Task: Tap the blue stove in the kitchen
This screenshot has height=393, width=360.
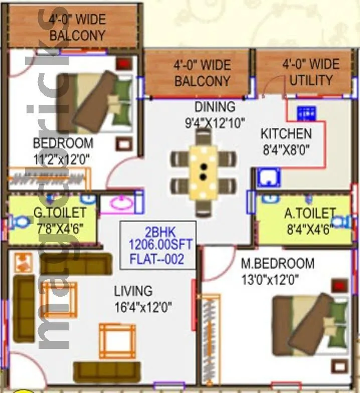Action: [x=305, y=114]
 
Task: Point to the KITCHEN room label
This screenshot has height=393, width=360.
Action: [x=286, y=134]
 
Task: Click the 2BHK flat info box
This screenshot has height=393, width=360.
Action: [x=157, y=246]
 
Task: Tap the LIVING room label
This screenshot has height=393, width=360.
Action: [x=133, y=291]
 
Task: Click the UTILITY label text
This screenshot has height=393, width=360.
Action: [x=310, y=80]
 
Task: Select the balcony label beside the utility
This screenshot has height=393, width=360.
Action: [x=202, y=73]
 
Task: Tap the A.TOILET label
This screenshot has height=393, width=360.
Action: [x=309, y=214]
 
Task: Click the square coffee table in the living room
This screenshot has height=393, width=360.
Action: [x=117, y=340]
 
